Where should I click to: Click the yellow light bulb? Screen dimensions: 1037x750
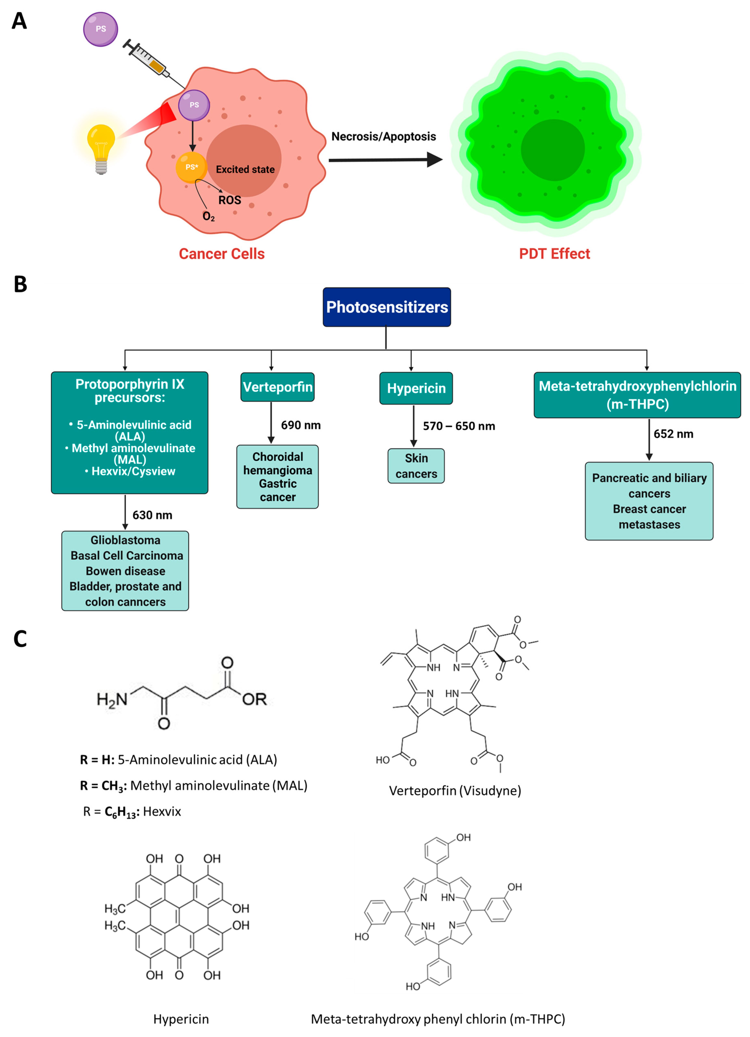tap(101, 145)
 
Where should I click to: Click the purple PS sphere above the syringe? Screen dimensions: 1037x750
tap(101, 29)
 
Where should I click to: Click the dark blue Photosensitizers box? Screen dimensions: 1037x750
tap(386, 307)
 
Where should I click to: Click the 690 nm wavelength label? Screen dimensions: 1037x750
tap(300, 425)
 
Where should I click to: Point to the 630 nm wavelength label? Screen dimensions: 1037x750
tap(152, 515)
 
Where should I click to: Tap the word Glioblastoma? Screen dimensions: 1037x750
tap(125, 540)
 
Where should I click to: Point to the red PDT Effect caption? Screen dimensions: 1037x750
tap(554, 254)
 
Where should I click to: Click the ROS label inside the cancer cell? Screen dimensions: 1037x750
tap(229, 200)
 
